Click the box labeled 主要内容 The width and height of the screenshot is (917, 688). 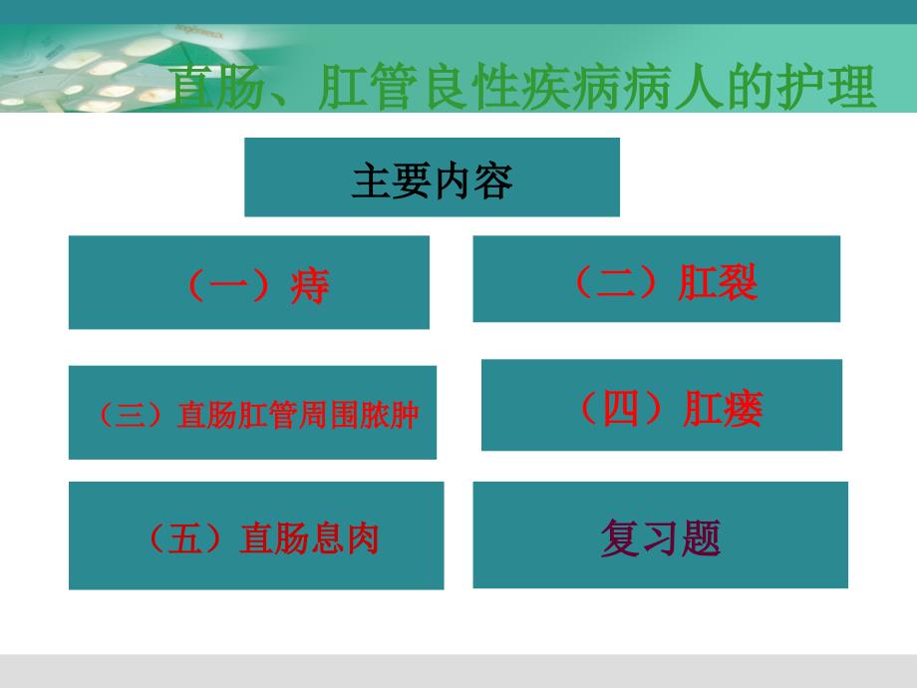tap(432, 177)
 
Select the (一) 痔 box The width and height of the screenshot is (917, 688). tap(248, 282)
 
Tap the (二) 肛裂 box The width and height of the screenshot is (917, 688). tap(656, 279)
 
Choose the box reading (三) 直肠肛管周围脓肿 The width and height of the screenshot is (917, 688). tap(252, 413)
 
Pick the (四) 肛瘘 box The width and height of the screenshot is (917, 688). tap(661, 405)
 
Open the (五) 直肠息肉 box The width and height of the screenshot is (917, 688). tap(256, 535)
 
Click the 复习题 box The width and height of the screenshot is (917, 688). tap(660, 535)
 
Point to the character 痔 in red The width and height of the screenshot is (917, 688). tap(310, 286)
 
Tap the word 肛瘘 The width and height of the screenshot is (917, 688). tap(724, 409)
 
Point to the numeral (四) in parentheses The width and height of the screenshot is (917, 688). tap(622, 409)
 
